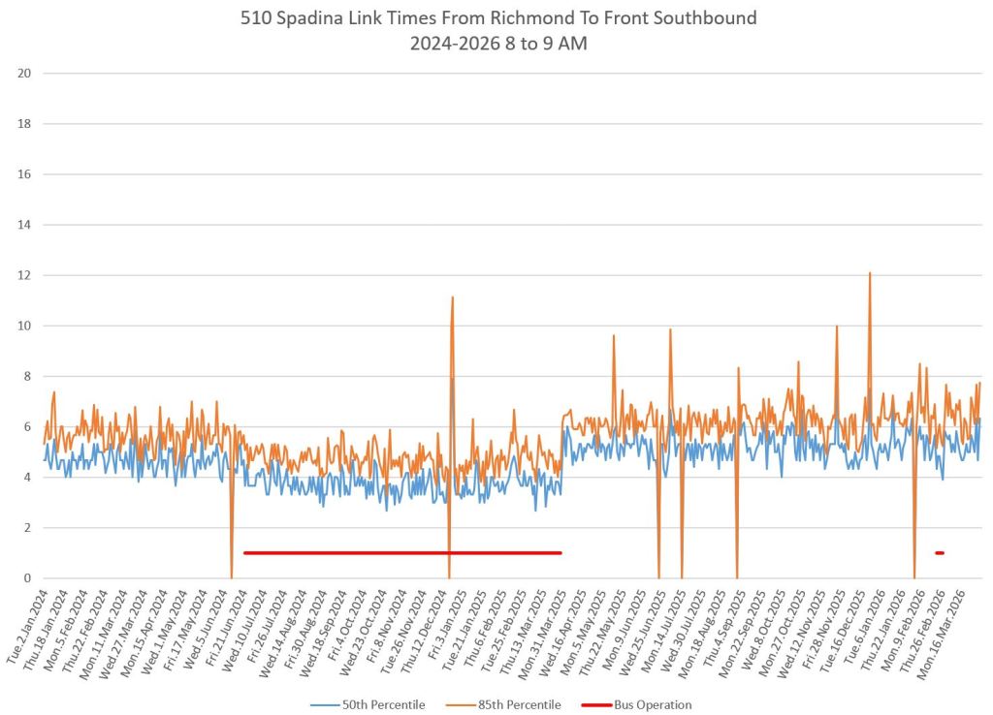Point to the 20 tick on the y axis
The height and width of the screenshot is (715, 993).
[25, 74]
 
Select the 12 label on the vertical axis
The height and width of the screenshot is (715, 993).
[25, 275]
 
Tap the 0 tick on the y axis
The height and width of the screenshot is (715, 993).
[28, 577]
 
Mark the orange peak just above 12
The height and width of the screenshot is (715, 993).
[869, 274]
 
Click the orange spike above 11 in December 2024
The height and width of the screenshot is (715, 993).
[452, 298]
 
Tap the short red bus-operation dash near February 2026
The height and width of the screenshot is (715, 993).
[939, 553]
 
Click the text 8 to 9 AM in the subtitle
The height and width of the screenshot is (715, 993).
[554, 44]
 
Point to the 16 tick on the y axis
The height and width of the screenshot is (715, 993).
[25, 174]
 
